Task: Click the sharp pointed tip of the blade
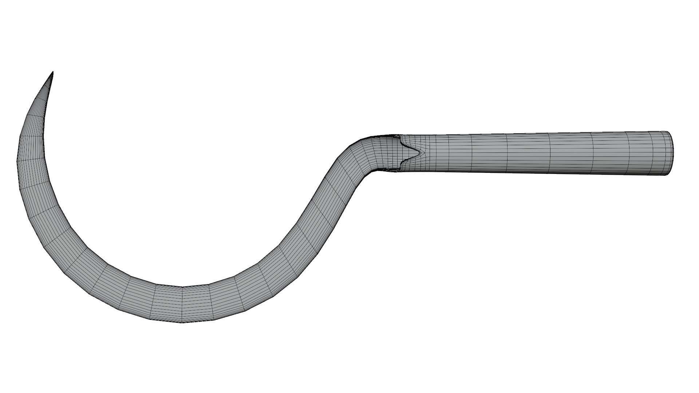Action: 53,72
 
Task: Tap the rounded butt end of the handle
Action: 672,153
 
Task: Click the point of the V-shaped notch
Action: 420,152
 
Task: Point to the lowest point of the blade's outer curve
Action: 182,322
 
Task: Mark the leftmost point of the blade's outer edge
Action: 17,160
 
